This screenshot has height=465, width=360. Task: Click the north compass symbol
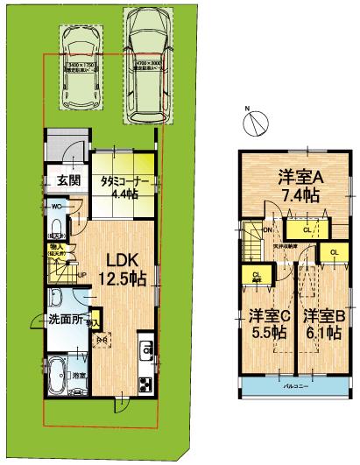(x=252, y=122)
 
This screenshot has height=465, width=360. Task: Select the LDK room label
(x=119, y=260)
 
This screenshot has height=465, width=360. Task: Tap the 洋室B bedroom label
(x=326, y=314)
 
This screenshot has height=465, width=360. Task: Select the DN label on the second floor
(x=268, y=229)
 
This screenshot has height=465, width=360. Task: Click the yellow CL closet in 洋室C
(x=257, y=277)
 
